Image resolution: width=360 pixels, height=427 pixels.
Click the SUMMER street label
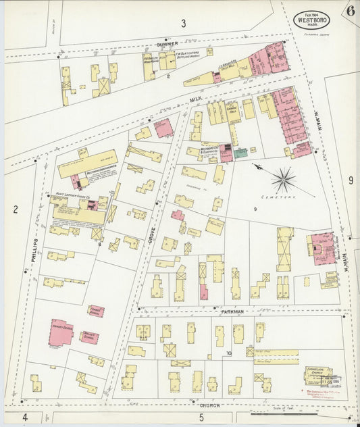[x=166, y=45]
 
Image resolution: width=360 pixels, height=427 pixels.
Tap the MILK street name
[x=195, y=99]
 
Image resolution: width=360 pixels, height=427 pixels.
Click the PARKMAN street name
[x=231, y=313]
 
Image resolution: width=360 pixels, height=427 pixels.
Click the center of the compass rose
[x=284, y=179]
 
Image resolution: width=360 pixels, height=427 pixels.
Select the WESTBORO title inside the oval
[x=311, y=20]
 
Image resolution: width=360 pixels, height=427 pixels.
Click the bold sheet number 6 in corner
[x=350, y=10]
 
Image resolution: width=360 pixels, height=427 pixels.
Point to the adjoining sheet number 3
[x=182, y=24]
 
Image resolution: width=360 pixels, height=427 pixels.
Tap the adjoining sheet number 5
[x=201, y=418]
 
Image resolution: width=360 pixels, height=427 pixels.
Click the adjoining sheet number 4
[x=24, y=417]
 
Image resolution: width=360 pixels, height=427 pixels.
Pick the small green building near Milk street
[x=240, y=153]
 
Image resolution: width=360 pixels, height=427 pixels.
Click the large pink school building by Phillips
[x=61, y=332]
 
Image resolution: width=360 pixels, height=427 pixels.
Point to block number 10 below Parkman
[x=229, y=353]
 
